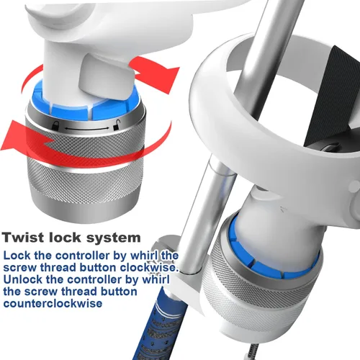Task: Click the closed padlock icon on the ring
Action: [x=55, y=126]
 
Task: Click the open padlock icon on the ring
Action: [x=116, y=125]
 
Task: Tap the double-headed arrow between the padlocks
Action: [x=86, y=129]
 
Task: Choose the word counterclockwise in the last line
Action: [x=53, y=303]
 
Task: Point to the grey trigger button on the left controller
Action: [x=106, y=77]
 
